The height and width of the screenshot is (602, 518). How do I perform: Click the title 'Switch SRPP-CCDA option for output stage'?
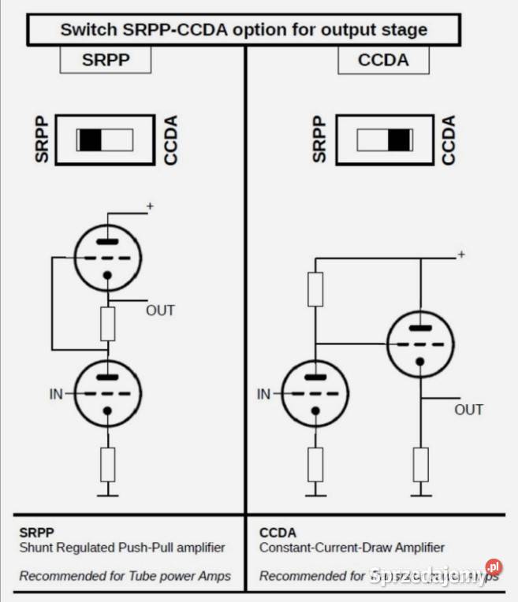click(x=244, y=30)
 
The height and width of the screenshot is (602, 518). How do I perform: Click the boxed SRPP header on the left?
click(x=106, y=60)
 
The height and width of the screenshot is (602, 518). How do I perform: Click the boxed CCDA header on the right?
click(x=383, y=60)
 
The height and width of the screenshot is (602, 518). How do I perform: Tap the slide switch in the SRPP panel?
click(x=105, y=140)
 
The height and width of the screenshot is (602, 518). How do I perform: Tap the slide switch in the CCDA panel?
click(x=384, y=140)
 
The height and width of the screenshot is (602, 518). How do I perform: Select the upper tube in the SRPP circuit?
click(x=107, y=255)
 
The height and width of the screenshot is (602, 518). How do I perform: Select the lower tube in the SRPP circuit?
click(x=107, y=392)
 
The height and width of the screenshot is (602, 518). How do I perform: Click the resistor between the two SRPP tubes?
click(x=107, y=324)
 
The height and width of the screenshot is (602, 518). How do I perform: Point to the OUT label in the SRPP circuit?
click(x=160, y=310)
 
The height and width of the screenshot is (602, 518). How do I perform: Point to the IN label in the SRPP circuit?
click(x=56, y=393)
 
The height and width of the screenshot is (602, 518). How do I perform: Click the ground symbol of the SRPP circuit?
click(x=107, y=492)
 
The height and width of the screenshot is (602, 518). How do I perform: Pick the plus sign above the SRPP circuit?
click(x=150, y=206)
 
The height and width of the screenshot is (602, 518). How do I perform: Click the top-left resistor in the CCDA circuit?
click(x=315, y=289)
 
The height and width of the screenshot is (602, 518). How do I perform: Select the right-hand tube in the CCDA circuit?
click(x=420, y=342)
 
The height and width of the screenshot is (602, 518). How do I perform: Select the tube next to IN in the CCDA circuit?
click(x=315, y=393)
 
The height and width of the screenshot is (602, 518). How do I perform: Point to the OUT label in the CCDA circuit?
click(x=468, y=410)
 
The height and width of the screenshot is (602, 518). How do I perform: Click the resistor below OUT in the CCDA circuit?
click(x=420, y=464)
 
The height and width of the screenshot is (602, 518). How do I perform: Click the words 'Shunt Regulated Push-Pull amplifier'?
click(x=122, y=547)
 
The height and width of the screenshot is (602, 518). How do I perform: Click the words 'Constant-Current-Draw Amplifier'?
click(x=352, y=547)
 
